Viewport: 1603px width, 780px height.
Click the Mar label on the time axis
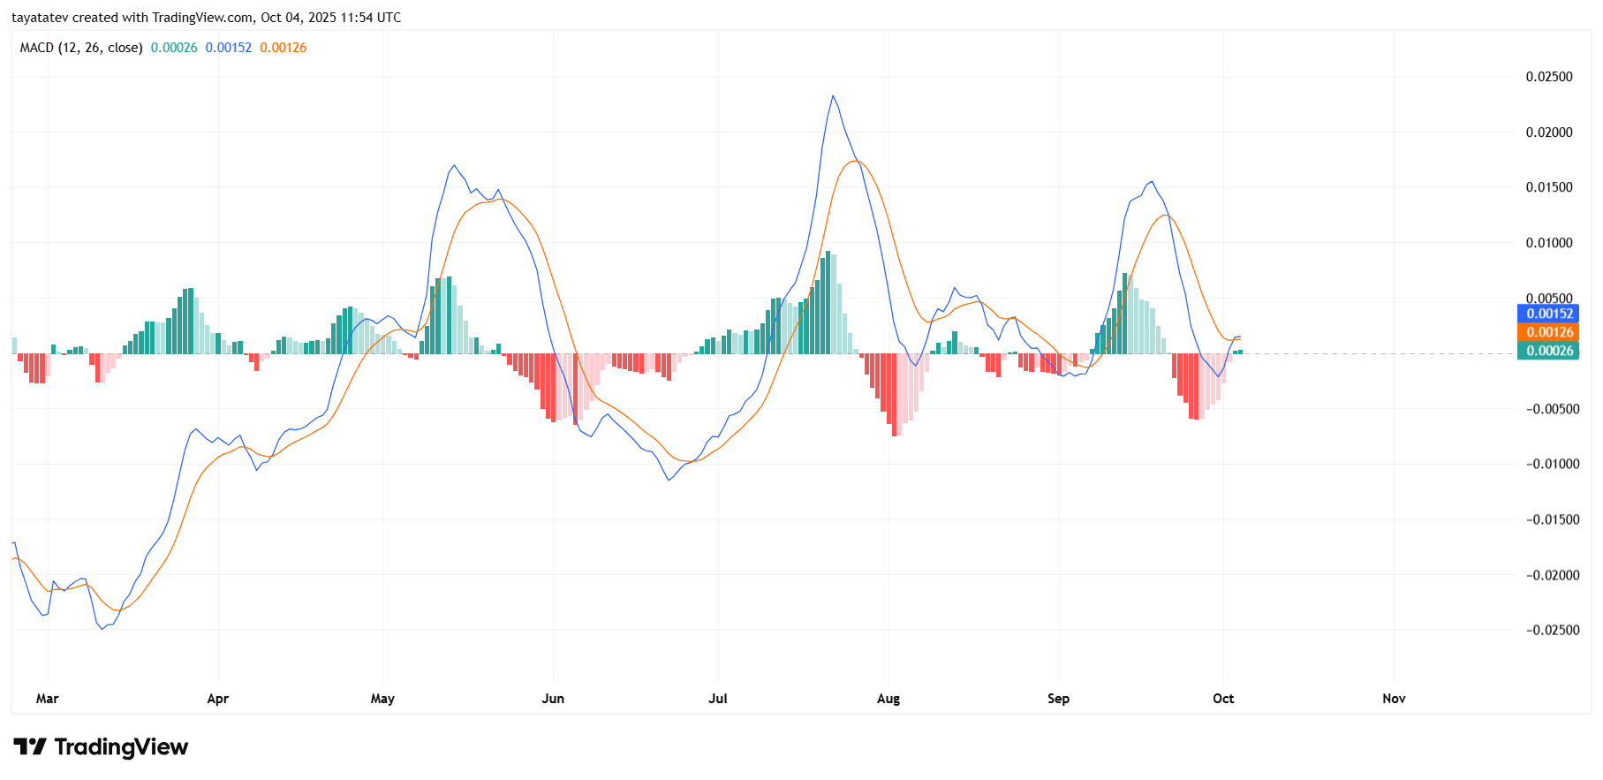47,699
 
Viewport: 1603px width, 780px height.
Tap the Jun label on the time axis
553,699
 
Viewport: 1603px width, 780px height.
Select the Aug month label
888,699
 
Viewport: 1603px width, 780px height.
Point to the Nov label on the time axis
1394,699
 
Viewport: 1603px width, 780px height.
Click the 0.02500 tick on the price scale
1549,77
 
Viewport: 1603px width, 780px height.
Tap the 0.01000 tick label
1549,243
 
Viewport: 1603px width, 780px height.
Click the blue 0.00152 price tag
1549,314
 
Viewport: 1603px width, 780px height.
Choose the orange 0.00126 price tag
1549,332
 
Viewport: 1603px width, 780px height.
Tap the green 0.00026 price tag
1549,351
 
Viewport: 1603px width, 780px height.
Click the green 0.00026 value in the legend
174,48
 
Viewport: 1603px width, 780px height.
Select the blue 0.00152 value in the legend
228,48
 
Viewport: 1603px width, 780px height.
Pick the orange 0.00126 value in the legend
283,48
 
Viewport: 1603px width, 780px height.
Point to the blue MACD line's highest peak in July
832,96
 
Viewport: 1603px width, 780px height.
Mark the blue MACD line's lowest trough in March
102,628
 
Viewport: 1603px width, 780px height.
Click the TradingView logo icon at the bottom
30,747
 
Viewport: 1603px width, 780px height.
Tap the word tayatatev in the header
40,18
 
